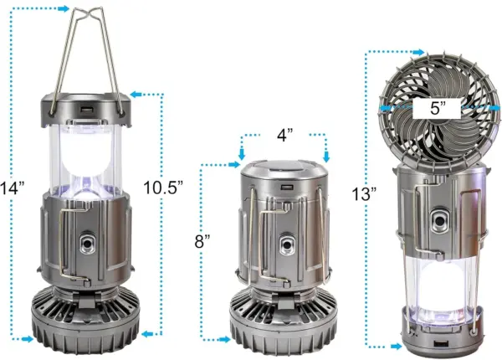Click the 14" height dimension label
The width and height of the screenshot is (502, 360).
13,188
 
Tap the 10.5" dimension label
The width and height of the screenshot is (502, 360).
163,188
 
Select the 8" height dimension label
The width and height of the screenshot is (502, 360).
202,241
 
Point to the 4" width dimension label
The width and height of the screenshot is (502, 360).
285,135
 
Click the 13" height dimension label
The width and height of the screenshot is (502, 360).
364,193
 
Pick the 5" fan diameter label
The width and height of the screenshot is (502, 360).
438,108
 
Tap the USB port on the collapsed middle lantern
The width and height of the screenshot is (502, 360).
285,187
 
